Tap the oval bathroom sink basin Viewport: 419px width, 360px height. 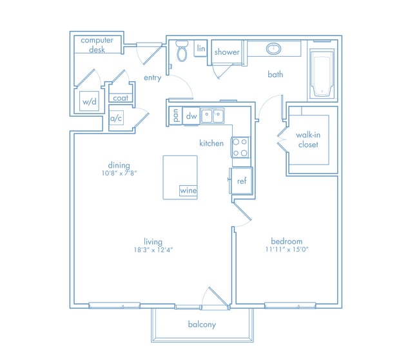click(273, 49)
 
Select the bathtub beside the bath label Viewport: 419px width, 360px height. click(322, 73)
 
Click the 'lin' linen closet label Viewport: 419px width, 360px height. click(201, 48)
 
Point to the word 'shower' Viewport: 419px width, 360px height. click(227, 52)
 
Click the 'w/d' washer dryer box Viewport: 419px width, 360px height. click(89, 101)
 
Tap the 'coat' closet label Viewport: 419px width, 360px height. click(121, 98)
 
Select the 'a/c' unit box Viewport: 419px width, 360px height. click(117, 118)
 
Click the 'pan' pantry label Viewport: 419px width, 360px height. click(175, 115)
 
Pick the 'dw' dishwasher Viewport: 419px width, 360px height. click(191, 116)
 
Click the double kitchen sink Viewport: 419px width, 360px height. click(213, 115)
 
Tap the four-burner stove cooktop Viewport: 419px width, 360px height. click(240, 147)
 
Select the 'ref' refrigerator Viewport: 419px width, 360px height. click(242, 181)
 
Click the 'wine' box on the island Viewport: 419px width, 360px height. click(188, 190)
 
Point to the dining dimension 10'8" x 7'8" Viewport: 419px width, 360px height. click(119, 174)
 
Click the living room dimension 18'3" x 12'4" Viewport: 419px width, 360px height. click(153, 250)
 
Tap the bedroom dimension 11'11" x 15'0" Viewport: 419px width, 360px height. click(287, 250)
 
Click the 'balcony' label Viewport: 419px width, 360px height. click(202, 325)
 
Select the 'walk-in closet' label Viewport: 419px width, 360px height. click(308, 139)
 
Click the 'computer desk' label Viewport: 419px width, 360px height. click(97, 45)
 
